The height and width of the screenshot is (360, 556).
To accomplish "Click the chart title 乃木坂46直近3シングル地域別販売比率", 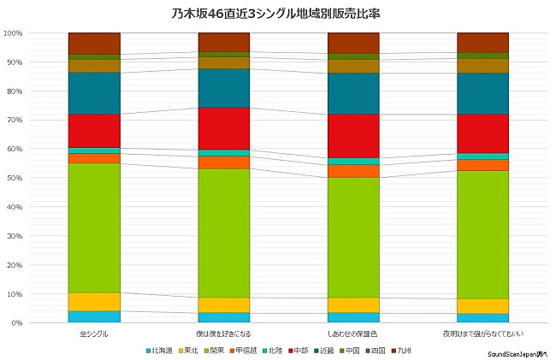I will [278, 13].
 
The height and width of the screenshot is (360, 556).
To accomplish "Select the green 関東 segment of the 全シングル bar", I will [94, 227].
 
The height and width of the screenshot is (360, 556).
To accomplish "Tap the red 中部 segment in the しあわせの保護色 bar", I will [353, 136].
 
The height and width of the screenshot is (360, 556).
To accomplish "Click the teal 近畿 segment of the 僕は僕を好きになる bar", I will [223, 87].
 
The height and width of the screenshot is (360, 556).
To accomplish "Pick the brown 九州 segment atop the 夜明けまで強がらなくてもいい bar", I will [482, 42].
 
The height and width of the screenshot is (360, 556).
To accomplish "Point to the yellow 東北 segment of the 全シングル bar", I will [94, 302].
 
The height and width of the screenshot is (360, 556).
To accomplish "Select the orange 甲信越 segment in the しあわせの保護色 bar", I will [353, 171].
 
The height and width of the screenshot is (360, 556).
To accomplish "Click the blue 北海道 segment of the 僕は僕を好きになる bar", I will [223, 317].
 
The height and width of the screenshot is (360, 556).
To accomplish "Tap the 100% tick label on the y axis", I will [13, 33].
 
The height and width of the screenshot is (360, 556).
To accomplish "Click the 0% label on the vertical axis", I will [16, 323].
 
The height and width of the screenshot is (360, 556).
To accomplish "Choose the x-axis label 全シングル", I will [94, 333].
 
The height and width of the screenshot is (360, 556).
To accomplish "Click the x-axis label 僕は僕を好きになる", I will [223, 333].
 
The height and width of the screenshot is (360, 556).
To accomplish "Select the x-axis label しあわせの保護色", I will [353, 333].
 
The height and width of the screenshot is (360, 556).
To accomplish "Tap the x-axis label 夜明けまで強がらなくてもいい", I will [482, 333].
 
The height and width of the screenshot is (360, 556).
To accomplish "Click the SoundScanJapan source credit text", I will [517, 354].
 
